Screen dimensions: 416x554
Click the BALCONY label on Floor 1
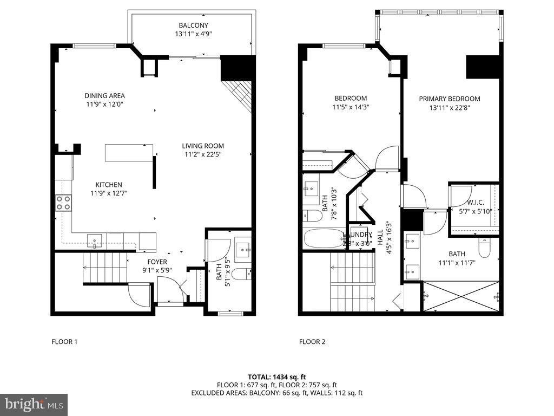tap(193, 25)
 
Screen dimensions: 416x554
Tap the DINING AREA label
tap(104, 96)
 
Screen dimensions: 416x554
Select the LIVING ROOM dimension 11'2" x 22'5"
tap(202, 154)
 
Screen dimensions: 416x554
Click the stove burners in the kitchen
tap(63, 203)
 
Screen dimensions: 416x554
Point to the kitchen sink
tap(95, 239)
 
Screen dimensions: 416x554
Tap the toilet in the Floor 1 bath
tap(245, 274)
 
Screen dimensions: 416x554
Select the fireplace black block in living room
tap(238, 68)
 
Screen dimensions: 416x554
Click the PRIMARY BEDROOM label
tap(450, 99)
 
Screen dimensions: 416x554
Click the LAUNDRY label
tap(358, 235)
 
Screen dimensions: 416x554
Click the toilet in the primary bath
tap(484, 249)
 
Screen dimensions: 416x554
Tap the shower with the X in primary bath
tap(460, 296)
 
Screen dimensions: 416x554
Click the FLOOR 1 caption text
tap(64, 342)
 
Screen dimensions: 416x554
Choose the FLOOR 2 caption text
tap(312, 342)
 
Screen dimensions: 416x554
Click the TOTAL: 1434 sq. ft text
tap(276, 376)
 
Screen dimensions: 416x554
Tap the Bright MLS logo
tap(34, 404)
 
